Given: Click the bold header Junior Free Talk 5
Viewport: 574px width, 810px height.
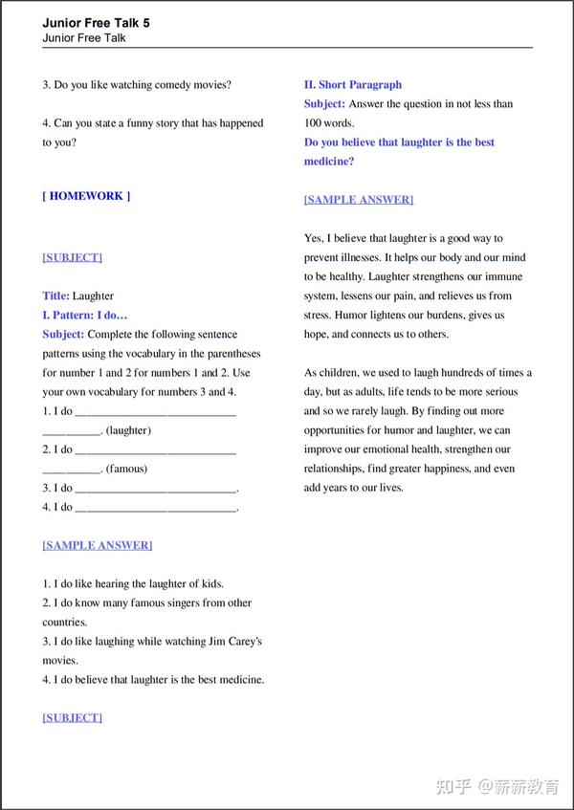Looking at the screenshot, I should pyautogui.click(x=96, y=22).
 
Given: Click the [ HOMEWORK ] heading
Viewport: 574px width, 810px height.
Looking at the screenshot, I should pyautogui.click(x=86, y=196).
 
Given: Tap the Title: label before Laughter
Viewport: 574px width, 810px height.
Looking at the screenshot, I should pyautogui.click(x=55, y=296).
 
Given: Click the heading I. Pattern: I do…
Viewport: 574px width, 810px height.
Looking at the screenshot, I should pyautogui.click(x=85, y=316).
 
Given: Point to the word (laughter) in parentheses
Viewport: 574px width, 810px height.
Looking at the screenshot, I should pyautogui.click(x=128, y=430).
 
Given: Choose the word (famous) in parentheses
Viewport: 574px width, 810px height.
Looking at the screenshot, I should pyautogui.click(x=126, y=469).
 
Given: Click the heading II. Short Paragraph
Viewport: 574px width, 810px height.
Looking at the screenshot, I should pyautogui.click(x=353, y=85).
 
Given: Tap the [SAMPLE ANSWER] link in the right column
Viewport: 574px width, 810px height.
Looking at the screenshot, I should pyautogui.click(x=359, y=200).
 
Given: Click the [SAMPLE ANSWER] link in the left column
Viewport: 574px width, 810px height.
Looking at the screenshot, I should pyautogui.click(x=97, y=545).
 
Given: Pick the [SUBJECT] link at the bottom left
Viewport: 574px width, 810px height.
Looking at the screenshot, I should pyautogui.click(x=72, y=717).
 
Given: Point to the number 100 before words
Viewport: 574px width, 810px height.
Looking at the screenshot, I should pyautogui.click(x=313, y=123).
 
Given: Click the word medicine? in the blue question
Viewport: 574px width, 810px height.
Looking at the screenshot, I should pyautogui.click(x=329, y=162).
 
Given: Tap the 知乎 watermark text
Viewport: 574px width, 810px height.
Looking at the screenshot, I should pyautogui.click(x=452, y=786).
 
